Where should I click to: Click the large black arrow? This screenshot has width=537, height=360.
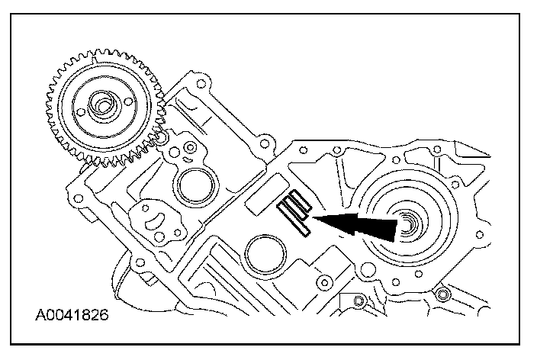point(359,225)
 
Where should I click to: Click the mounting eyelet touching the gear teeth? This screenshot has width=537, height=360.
point(162,140)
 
